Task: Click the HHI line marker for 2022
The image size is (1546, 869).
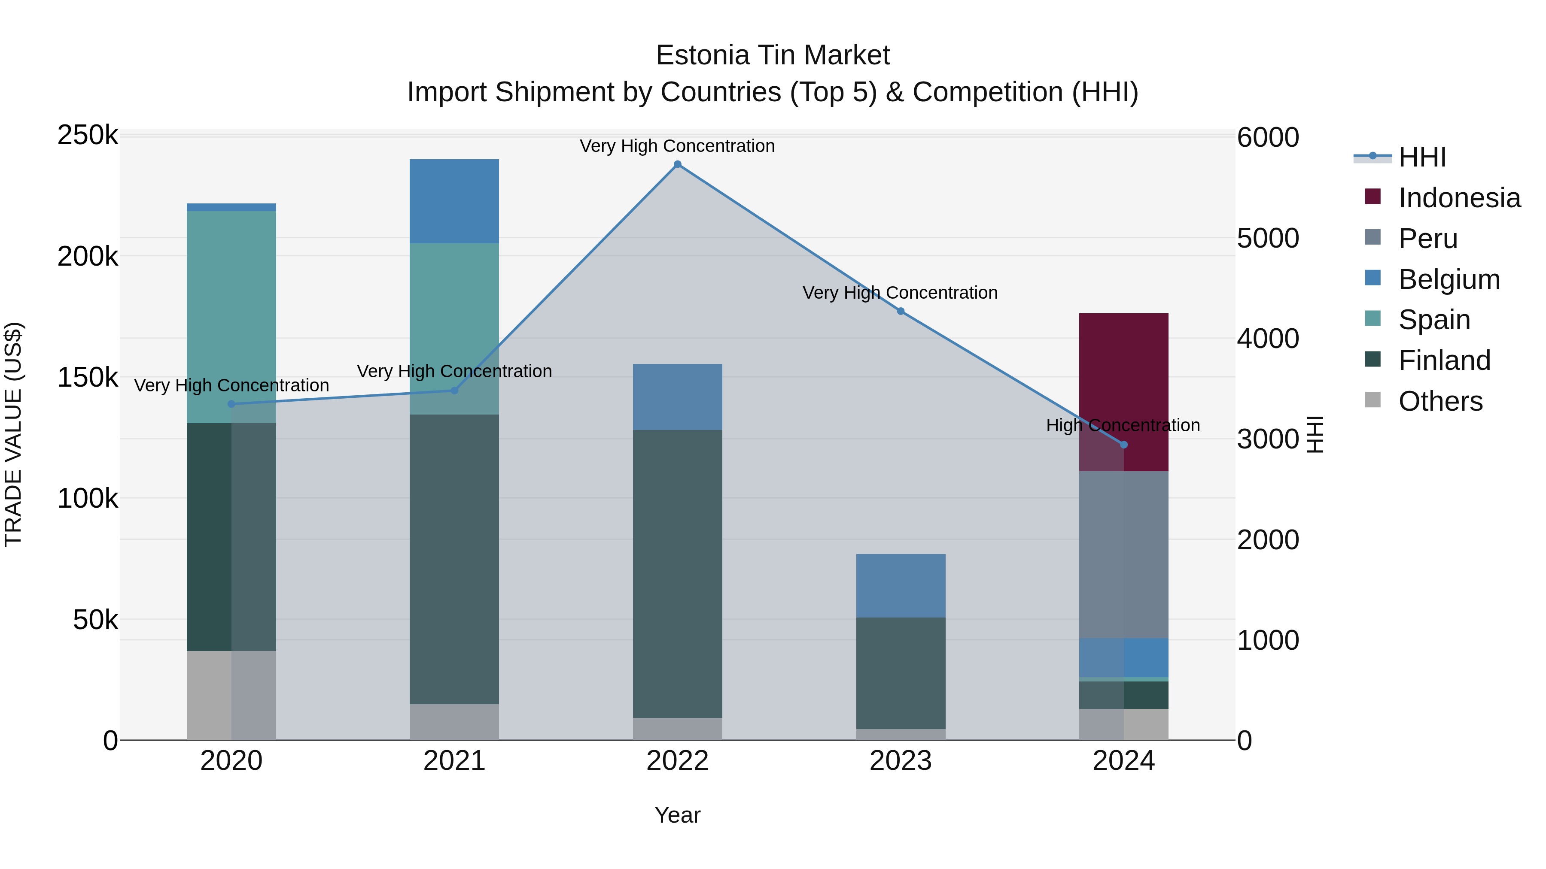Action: [x=678, y=164]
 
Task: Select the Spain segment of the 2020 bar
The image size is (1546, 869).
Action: [x=231, y=317]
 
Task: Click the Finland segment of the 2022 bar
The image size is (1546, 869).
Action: [x=678, y=573]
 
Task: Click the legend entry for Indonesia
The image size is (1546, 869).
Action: [x=1458, y=198]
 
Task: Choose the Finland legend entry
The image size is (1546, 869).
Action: [x=1443, y=360]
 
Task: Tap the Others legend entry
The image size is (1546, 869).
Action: [x=1440, y=401]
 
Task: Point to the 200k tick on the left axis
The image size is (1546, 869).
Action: [x=88, y=257]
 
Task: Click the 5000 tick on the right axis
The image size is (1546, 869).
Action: [x=1268, y=238]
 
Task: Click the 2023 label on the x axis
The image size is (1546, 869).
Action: [x=900, y=761]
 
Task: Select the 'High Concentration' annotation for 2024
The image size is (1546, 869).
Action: [x=1123, y=425]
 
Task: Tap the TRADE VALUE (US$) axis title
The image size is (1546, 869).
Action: [x=13, y=434]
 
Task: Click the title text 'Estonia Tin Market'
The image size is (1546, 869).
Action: [x=773, y=55]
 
